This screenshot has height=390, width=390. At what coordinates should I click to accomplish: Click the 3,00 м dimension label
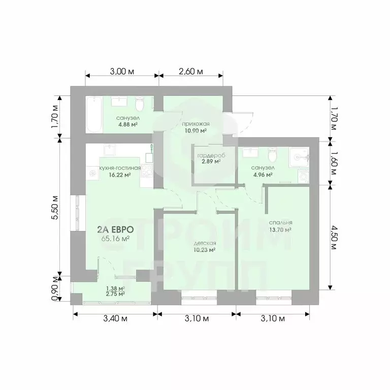coord(122,72)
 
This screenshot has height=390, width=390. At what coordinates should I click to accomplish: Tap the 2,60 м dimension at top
coord(191,72)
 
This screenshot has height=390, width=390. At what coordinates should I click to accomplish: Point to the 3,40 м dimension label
coord(115,318)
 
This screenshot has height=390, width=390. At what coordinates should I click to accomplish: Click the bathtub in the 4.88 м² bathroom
coord(94,115)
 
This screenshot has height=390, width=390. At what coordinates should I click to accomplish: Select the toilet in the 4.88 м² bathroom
coord(140,105)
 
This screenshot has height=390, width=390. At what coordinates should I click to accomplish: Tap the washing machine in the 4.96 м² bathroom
coord(303,176)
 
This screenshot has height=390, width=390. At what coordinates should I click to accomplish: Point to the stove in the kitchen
coord(147,171)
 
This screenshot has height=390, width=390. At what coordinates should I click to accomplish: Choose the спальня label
coord(280,222)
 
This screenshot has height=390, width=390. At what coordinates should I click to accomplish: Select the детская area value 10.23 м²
coord(205,250)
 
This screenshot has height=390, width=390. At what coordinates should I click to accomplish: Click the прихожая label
coord(196,124)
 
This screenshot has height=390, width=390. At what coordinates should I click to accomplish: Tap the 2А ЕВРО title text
coord(116,230)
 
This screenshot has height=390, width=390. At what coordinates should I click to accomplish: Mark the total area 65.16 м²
coord(116,239)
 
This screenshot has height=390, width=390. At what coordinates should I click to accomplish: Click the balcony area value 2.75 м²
coord(115,294)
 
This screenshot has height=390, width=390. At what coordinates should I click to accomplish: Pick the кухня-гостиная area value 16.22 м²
coord(120,175)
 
